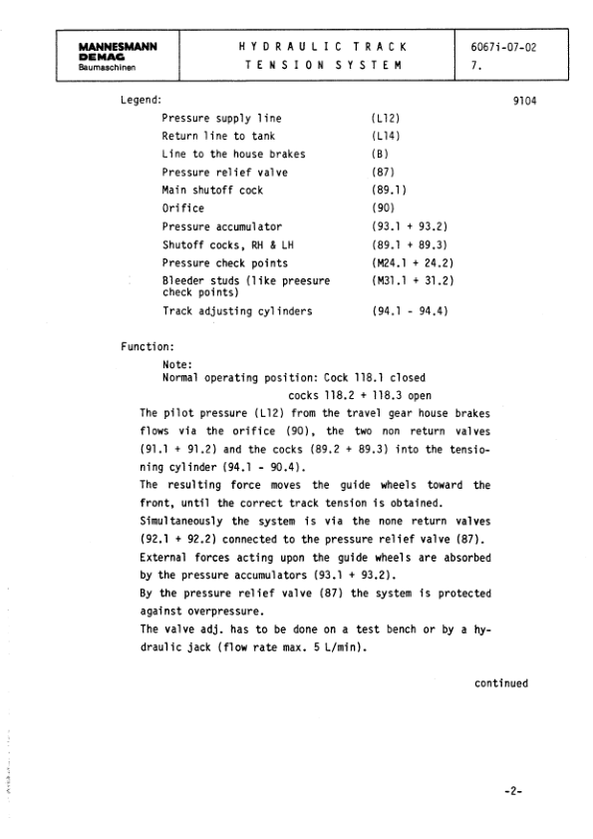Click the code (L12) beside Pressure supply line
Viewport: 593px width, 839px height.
click(385, 119)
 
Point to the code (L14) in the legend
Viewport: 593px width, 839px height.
click(385, 137)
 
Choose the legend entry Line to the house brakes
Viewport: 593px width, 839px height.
click(233, 155)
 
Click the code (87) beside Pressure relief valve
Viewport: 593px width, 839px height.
click(382, 173)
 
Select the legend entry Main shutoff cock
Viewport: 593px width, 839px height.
click(212, 190)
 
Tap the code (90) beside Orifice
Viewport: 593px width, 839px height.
click(382, 209)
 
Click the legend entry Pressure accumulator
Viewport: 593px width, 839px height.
click(221, 226)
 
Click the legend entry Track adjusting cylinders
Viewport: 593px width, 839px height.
click(236, 311)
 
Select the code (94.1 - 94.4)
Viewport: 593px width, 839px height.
click(409, 311)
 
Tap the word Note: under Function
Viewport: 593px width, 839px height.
click(176, 365)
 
